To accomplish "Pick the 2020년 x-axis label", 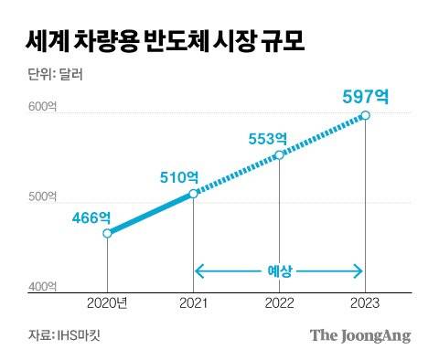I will pyautogui.click(x=108, y=304).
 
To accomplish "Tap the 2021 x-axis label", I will pyautogui.click(x=193, y=304).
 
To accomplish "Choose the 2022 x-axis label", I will pyautogui.click(x=279, y=304).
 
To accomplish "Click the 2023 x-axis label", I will pyautogui.click(x=365, y=304).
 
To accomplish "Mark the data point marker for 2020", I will pyautogui.click(x=108, y=234).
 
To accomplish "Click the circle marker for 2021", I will pyautogui.click(x=193, y=194).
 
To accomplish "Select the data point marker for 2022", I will pyautogui.click(x=279, y=154).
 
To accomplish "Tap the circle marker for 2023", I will pyautogui.click(x=365, y=115).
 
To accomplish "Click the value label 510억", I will pyautogui.click(x=178, y=176).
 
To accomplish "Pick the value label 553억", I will pyautogui.click(x=268, y=138).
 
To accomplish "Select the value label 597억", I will pyautogui.click(x=365, y=96).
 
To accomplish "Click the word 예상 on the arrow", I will pyautogui.click(x=279, y=270).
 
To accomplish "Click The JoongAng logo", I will pyautogui.click(x=359, y=334).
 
